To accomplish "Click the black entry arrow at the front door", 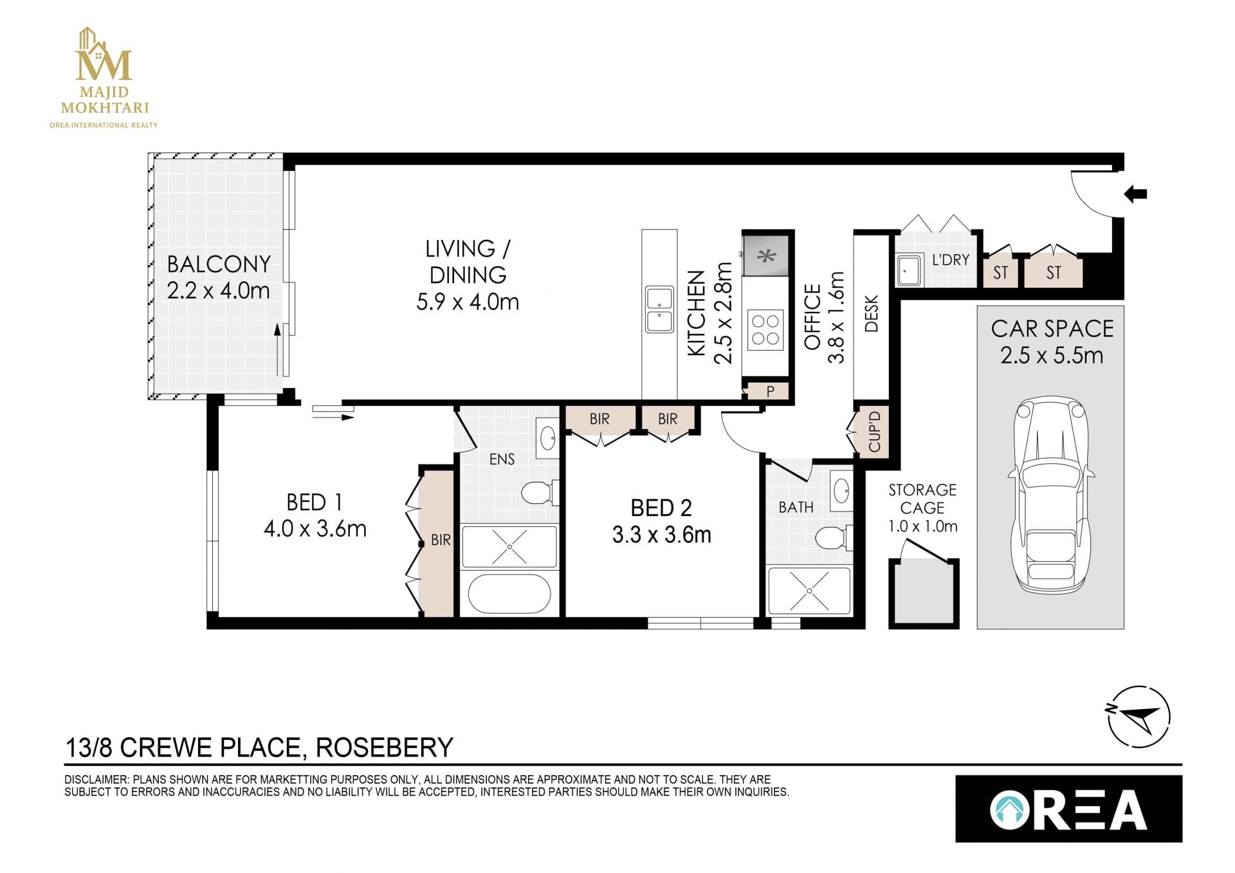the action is click(x=1135, y=193).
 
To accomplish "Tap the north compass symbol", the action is click(x=1139, y=717).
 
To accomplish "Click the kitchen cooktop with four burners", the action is click(x=765, y=329).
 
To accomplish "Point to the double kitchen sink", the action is click(x=659, y=309).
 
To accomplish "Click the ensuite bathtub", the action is click(x=509, y=593).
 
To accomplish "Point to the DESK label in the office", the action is click(x=872, y=313).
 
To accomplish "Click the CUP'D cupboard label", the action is click(x=874, y=431).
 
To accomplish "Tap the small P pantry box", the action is click(x=769, y=391).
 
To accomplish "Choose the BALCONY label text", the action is click(x=219, y=264).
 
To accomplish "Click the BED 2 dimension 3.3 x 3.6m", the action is click(x=661, y=535).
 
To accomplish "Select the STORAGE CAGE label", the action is click(x=922, y=499).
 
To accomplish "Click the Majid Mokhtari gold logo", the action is click(x=104, y=78).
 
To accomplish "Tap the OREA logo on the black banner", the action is click(x=1068, y=809).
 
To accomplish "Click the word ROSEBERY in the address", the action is click(x=385, y=748).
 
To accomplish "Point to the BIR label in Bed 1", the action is click(x=441, y=540).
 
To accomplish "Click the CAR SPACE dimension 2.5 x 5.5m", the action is click(x=1052, y=355).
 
